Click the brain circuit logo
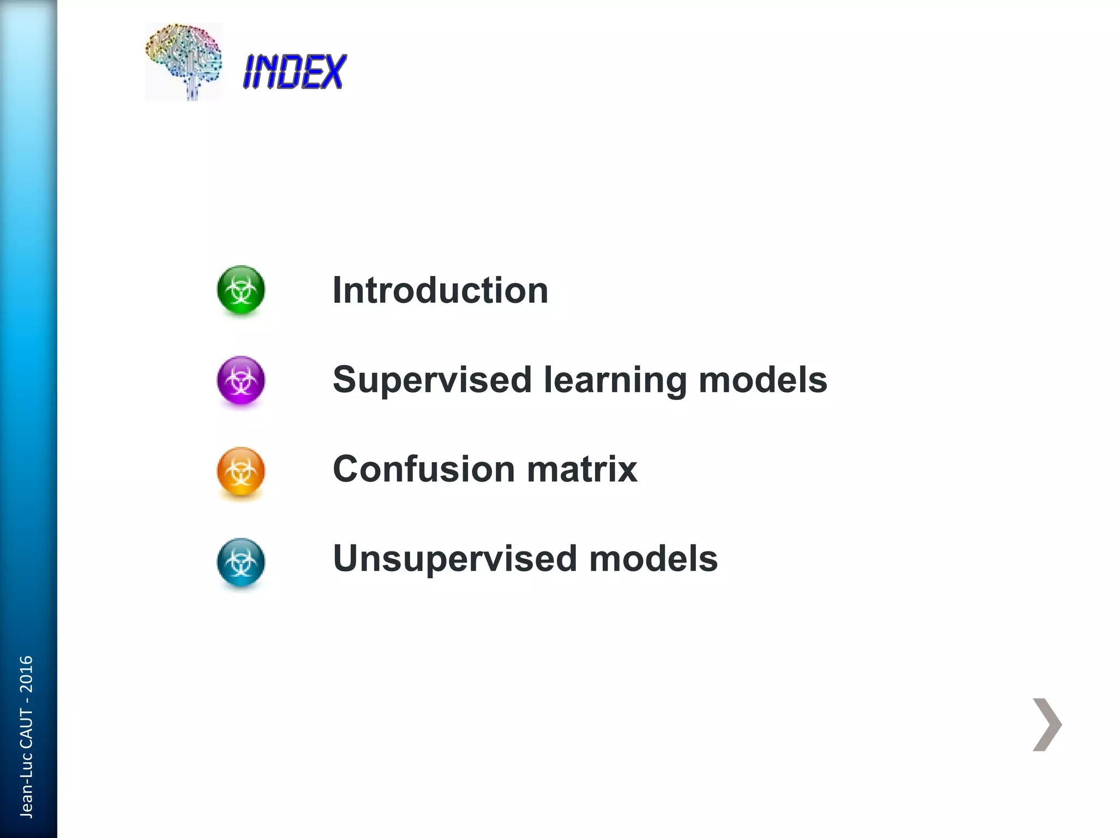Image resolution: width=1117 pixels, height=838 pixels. point(184,61)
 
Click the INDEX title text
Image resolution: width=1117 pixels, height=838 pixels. point(295,71)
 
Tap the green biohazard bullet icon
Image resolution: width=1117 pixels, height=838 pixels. point(241,290)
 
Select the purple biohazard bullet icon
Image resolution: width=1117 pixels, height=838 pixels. point(241,380)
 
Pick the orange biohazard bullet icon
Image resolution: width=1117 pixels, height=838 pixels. point(241,471)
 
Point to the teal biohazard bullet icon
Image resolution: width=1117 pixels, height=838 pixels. point(241,562)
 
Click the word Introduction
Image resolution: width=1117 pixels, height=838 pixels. point(440,290)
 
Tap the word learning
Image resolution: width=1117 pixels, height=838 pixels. point(615,380)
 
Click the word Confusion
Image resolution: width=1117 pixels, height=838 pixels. point(424,469)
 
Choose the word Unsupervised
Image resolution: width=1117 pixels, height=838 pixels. point(455,559)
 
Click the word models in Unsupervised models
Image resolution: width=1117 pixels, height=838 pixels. point(653,559)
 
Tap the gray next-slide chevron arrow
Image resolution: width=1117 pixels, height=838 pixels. point(1047,725)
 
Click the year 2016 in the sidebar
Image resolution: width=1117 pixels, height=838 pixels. point(26,674)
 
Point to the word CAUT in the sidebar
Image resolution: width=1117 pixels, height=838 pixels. point(26,729)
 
